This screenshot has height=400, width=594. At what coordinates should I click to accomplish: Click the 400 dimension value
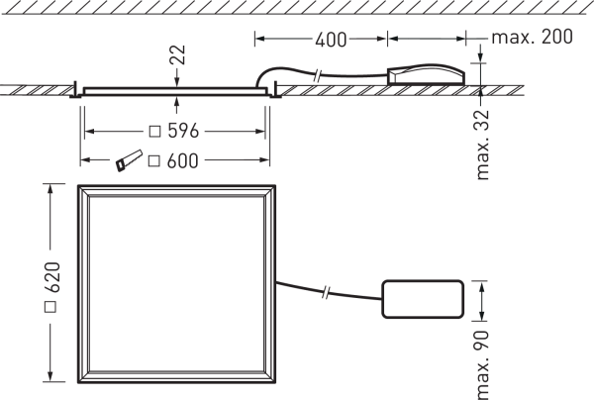[x=331, y=40]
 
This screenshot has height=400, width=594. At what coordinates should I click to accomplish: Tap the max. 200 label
[x=532, y=37]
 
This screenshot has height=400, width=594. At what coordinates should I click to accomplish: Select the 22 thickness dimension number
[x=178, y=55]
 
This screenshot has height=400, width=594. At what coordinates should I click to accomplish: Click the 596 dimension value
[x=183, y=131]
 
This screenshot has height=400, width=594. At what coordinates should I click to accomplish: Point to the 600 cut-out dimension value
[x=182, y=161]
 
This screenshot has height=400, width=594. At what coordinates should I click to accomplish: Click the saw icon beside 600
[x=129, y=160]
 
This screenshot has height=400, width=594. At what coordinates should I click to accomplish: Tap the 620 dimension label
[x=52, y=277]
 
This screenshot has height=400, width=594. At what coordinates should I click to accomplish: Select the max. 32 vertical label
[x=482, y=146]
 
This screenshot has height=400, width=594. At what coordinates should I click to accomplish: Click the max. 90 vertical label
[x=482, y=364]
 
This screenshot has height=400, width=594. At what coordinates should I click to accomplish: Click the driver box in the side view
[x=426, y=75]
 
